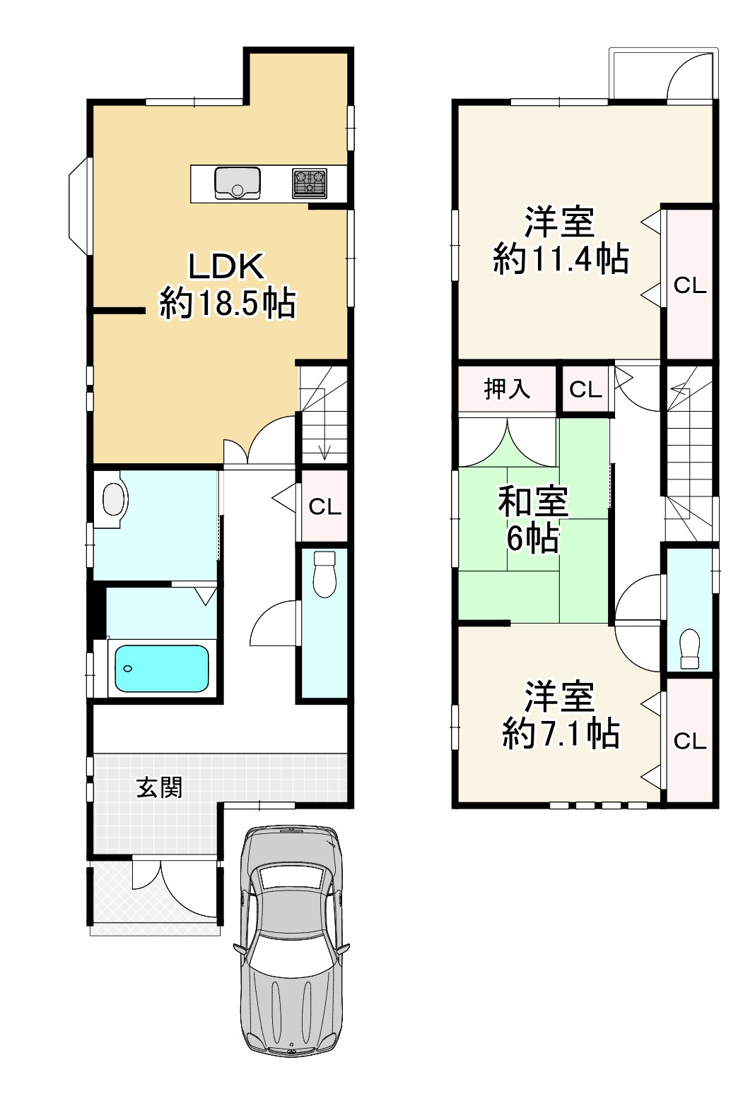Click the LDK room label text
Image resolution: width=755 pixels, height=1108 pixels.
tap(226, 267)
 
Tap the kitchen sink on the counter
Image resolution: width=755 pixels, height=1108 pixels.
tap(238, 184)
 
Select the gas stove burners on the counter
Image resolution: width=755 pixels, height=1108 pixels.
tap(310, 183)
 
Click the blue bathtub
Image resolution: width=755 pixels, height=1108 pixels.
tap(162, 668)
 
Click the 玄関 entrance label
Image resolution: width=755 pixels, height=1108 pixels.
tap(160, 787)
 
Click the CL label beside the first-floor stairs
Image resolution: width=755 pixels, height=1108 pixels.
tap(324, 506)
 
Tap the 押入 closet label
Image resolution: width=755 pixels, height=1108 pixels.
tap(506, 388)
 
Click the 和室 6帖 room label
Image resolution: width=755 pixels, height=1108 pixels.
tap(532, 520)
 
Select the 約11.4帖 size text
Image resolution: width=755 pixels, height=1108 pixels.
tap(561, 260)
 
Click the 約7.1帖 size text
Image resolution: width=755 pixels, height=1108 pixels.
tap(561, 734)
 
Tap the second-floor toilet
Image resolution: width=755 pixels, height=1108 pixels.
tap(689, 648)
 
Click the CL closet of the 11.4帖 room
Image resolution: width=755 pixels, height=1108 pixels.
tap(689, 285)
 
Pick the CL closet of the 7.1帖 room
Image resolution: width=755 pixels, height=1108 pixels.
tap(689, 741)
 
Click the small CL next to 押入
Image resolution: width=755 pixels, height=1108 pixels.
tap(585, 389)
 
